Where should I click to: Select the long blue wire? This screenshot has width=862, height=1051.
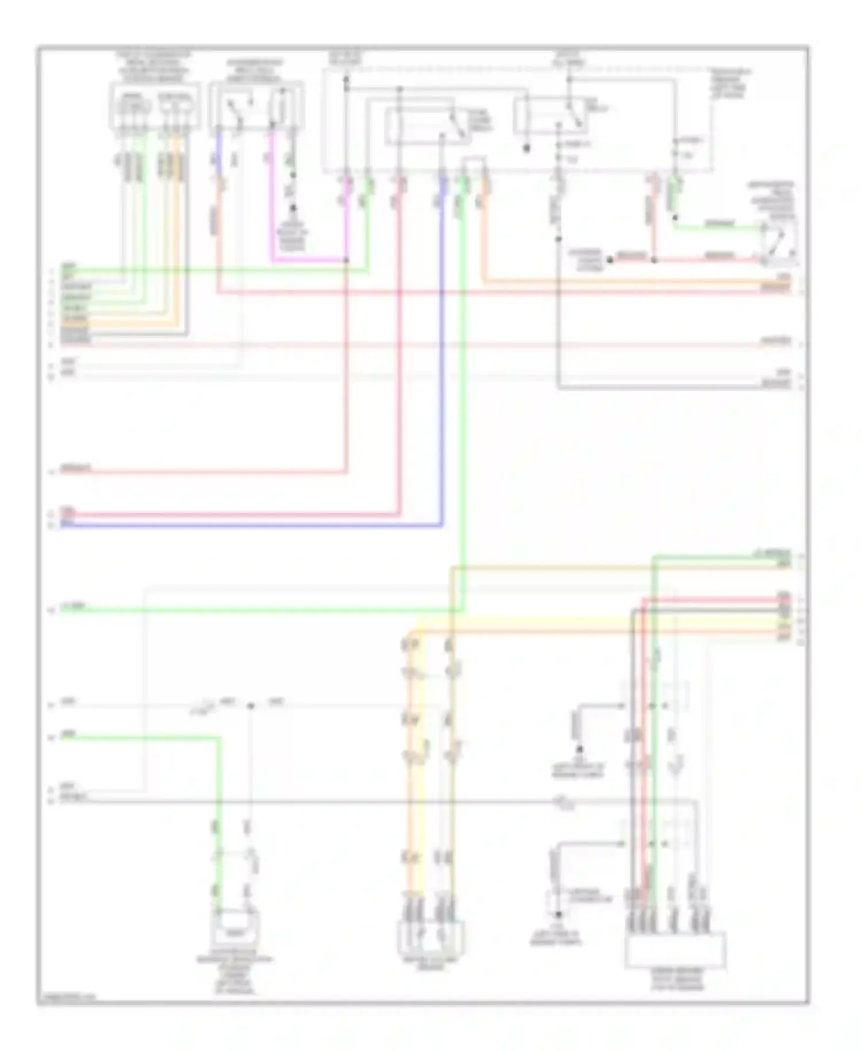[x=253, y=525]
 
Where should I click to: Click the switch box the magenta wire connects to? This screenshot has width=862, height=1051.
[x=256, y=106]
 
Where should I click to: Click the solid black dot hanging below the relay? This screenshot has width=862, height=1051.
[x=526, y=148]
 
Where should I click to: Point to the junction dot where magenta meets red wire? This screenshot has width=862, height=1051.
[x=346, y=260]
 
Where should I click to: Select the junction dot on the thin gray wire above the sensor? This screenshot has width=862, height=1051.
[x=250, y=705]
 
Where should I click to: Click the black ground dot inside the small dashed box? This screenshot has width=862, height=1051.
[x=557, y=915]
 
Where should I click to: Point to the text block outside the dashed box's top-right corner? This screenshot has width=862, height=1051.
[x=730, y=83]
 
